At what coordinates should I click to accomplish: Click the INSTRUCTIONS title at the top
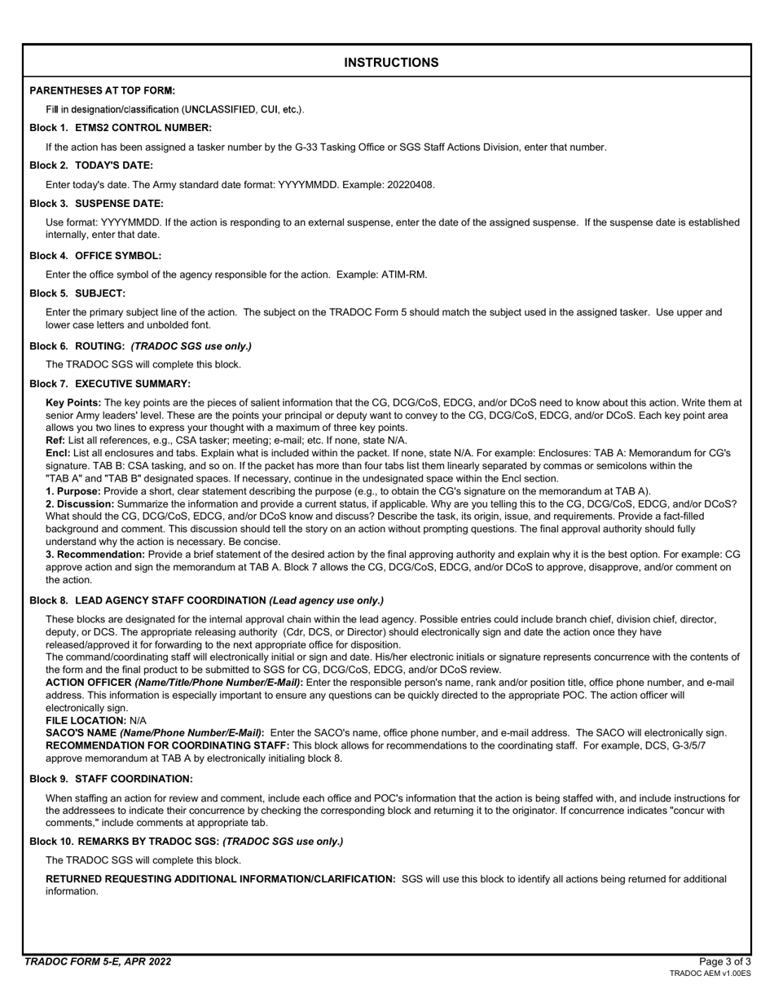tap(391, 63)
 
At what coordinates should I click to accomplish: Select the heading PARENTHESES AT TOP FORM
tap(102, 90)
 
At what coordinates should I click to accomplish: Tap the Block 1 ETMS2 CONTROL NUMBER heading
tap(121, 128)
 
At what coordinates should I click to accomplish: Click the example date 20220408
tap(407, 185)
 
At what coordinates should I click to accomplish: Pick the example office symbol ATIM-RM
tap(403, 275)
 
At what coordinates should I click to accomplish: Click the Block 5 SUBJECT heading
tap(77, 293)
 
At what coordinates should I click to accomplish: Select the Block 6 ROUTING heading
tap(140, 346)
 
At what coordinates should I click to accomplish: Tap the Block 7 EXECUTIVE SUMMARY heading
tap(110, 384)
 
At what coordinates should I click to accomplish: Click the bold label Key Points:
tap(73, 402)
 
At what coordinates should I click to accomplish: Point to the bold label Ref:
tap(55, 440)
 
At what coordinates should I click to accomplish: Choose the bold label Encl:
tap(58, 453)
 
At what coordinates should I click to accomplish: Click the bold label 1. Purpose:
tap(73, 491)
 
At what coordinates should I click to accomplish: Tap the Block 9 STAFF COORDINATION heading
tap(111, 780)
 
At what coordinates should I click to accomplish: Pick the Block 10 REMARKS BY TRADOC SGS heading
tap(186, 842)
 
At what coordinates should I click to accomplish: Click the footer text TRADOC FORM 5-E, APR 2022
tap(98, 962)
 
